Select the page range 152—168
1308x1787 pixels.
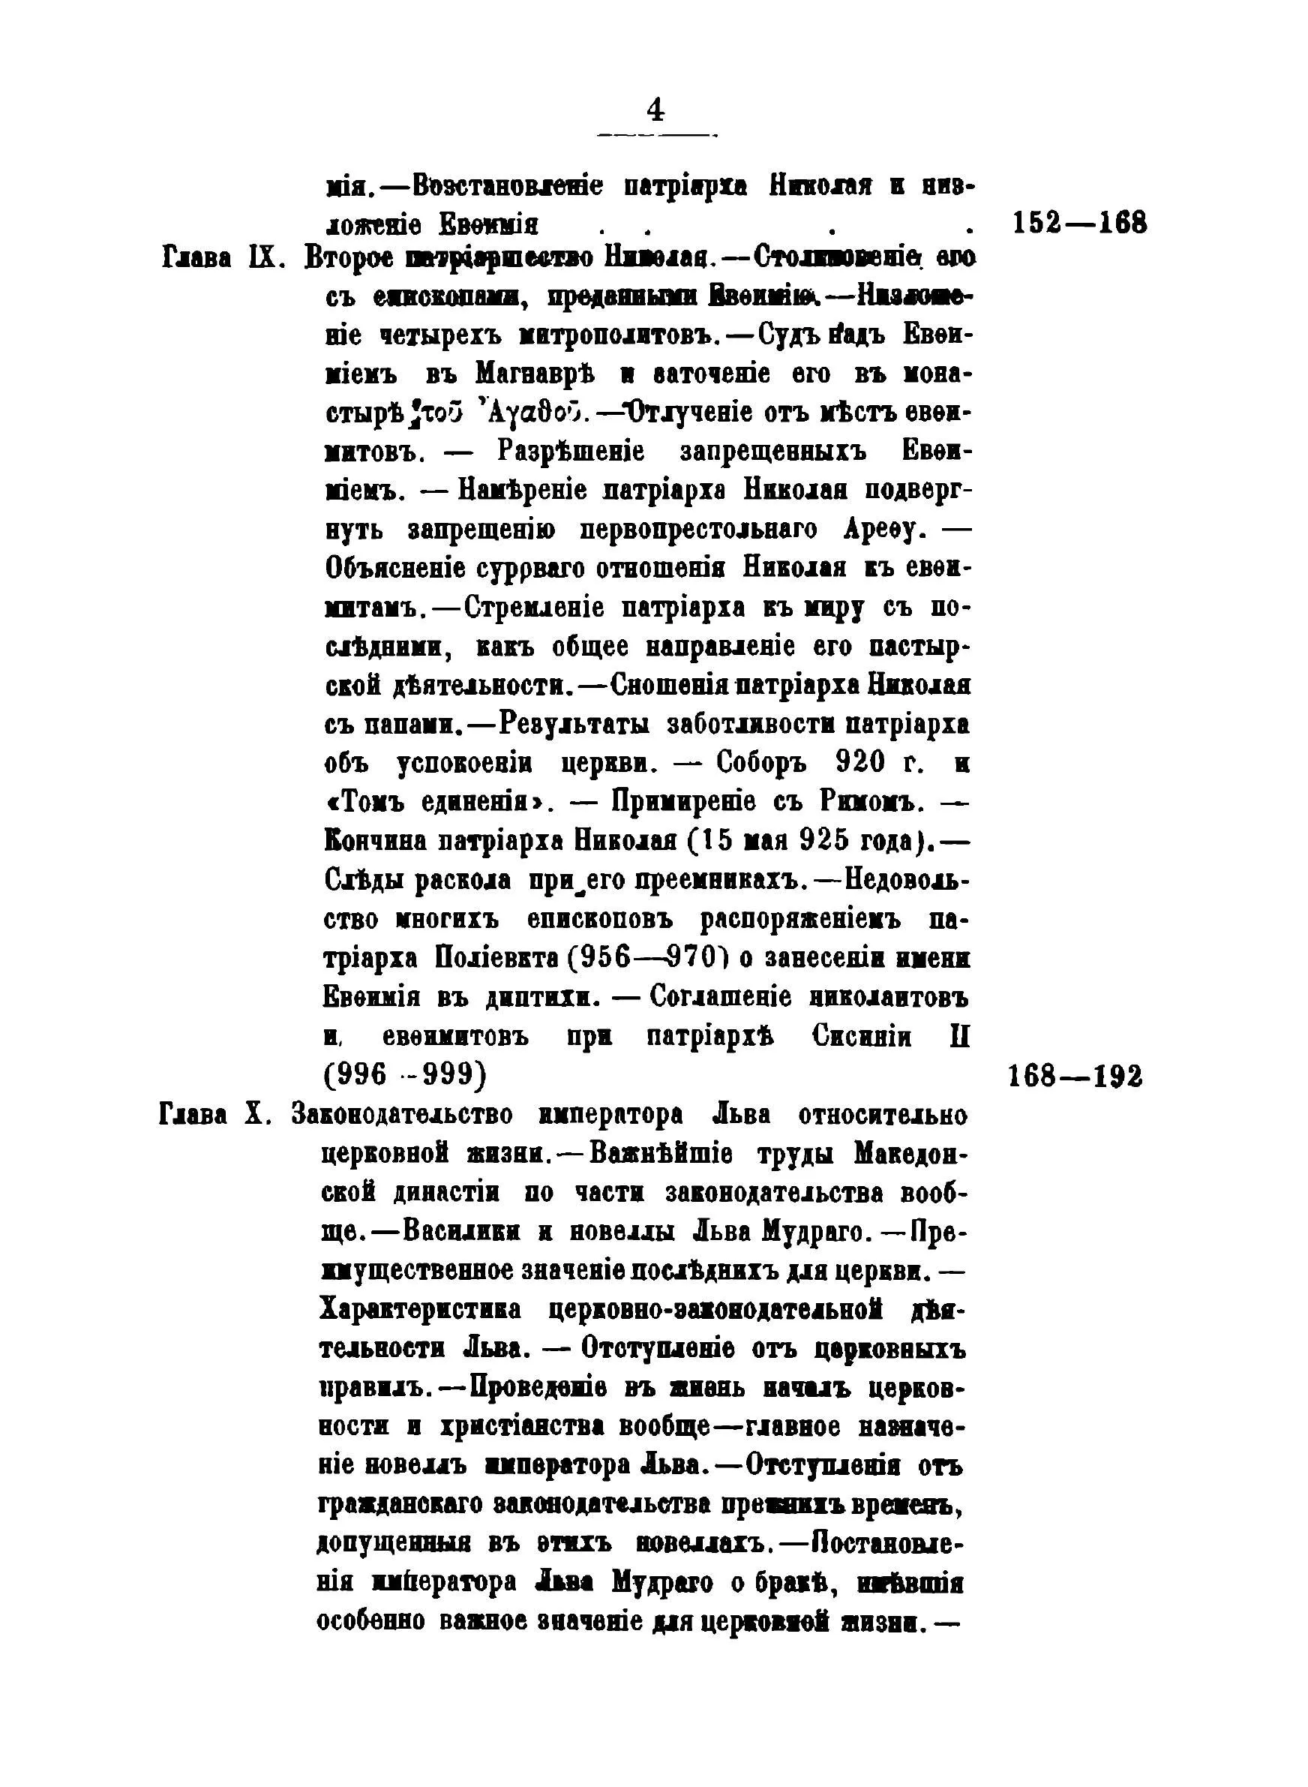click(x=1079, y=224)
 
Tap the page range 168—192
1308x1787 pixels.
click(x=1075, y=1075)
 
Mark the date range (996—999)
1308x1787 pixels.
click(x=404, y=1075)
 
